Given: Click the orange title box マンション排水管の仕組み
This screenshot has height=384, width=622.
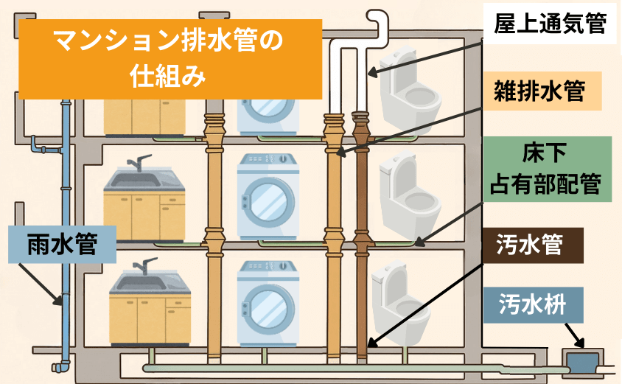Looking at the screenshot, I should (x=170, y=58).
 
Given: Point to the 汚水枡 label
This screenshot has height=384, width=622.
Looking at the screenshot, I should (x=533, y=302).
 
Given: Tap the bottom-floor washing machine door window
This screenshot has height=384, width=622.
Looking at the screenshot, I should (x=268, y=305).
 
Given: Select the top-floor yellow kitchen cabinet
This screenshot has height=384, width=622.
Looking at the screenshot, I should (x=144, y=115).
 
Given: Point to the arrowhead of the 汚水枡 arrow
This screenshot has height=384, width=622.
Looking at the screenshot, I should (x=579, y=342).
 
